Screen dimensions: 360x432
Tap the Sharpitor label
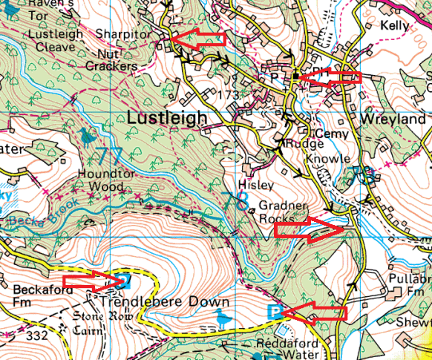(x=122, y=34)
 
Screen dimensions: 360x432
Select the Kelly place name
(x=394, y=25)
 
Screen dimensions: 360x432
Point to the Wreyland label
(x=393, y=119)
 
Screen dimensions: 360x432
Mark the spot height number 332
(x=36, y=336)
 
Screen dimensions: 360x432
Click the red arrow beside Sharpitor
(x=198, y=39)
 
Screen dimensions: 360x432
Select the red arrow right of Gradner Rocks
(x=310, y=230)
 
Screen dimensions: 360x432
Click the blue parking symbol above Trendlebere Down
(x=124, y=281)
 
